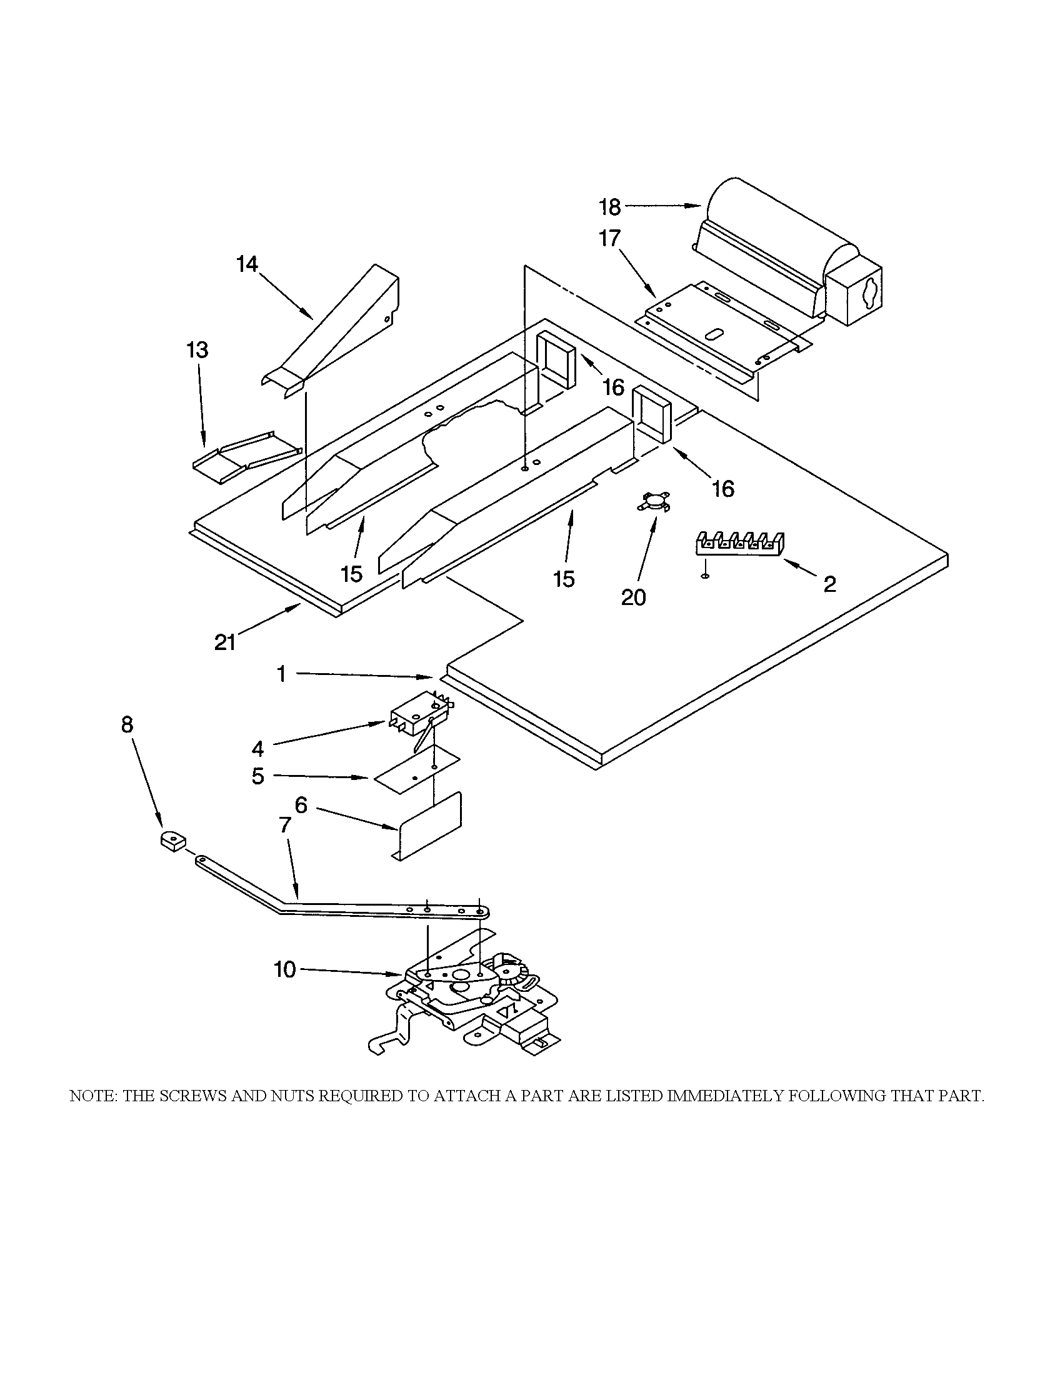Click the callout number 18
pos(609,207)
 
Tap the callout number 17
pos(609,239)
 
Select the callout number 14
pos(247,265)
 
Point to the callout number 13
pos(197,350)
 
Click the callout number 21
pos(225,642)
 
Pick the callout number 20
pos(633,597)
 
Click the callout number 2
pos(829,584)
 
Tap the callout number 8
pos(127,725)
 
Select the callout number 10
pos(284,969)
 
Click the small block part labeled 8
pos(172,841)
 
